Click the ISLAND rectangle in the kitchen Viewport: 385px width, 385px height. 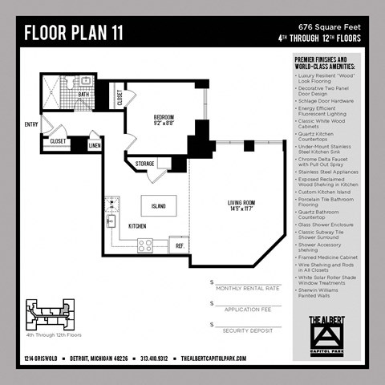coord(159,206)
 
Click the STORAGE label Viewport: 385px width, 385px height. coord(145,164)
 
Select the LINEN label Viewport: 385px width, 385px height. coord(94,145)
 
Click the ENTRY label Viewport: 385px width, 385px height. coord(31,124)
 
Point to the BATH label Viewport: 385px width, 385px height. coord(83,94)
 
